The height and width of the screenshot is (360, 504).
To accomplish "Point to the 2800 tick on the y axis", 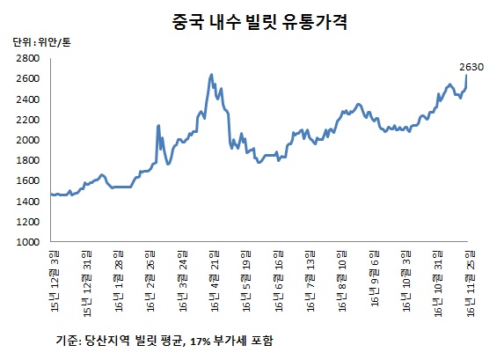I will (x=26, y=58).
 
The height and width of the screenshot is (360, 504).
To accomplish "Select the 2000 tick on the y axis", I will (x=26, y=140).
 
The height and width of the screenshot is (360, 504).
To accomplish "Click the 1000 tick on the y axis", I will (x=26, y=242).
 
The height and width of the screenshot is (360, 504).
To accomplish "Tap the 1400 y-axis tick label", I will (x=26, y=202).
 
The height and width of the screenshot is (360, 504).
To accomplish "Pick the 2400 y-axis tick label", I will (x=26, y=99).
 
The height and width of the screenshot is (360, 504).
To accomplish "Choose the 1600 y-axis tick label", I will (x=26, y=181).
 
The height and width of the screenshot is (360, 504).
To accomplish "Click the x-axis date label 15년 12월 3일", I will (x=55, y=282).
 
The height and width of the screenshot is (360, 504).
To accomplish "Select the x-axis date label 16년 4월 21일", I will (x=215, y=282).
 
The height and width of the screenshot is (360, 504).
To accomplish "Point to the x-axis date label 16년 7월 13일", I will (x=310, y=282).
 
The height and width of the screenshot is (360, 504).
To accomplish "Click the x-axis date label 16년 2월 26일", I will (x=150, y=282).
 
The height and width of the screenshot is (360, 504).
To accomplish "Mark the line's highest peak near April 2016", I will (x=211, y=75).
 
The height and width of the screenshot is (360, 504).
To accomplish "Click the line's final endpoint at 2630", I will (x=465, y=77).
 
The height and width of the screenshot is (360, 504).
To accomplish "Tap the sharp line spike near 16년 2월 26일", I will (x=157, y=126).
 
